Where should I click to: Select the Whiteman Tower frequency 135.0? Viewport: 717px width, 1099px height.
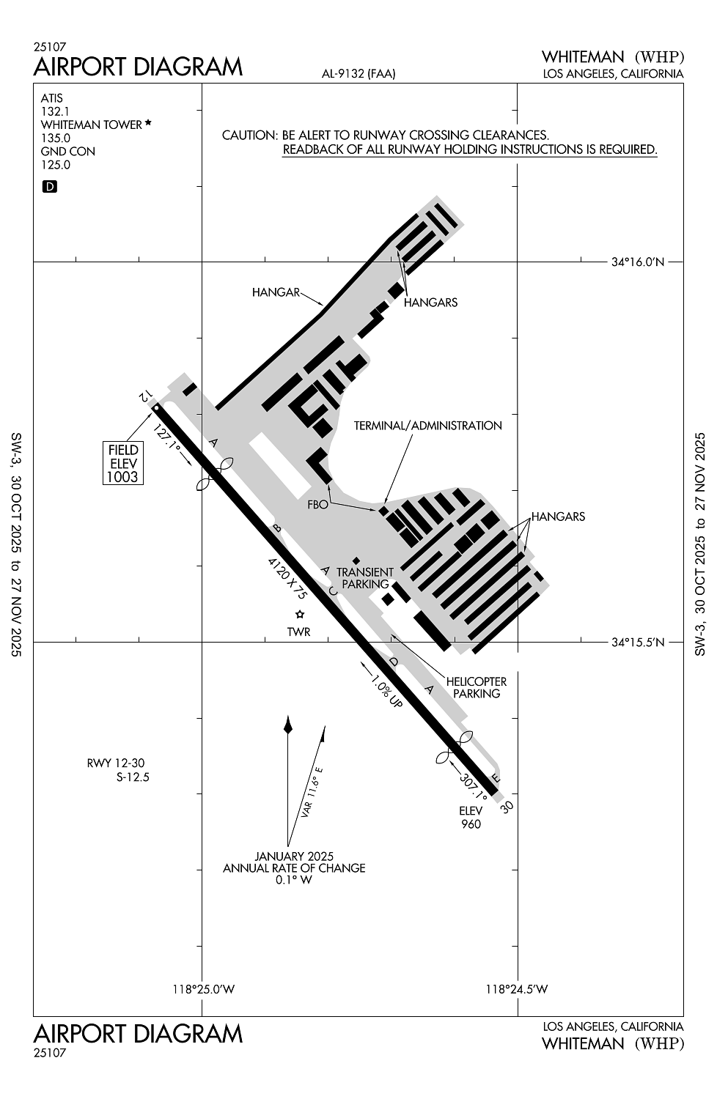click(x=56, y=138)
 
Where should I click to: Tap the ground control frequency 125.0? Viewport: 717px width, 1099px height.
click(x=56, y=165)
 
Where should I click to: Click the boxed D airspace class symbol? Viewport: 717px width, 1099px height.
click(x=50, y=187)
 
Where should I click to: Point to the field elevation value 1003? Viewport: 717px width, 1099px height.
click(x=122, y=477)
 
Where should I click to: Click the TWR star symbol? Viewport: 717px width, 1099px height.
click(x=299, y=614)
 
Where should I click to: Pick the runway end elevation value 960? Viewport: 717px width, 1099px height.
click(x=471, y=824)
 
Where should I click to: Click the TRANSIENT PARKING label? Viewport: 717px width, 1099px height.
click(x=365, y=578)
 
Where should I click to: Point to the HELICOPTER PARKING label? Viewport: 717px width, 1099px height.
click(x=477, y=687)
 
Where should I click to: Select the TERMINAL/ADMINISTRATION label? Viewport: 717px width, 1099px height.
click(x=428, y=426)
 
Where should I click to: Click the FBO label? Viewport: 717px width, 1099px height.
click(x=318, y=504)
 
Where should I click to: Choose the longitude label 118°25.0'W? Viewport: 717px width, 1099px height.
click(x=203, y=989)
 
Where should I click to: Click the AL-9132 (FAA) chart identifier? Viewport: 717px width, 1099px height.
click(x=358, y=73)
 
